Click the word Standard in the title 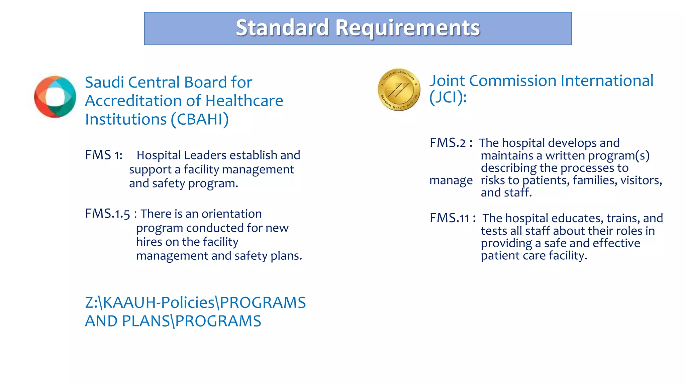point(282,28)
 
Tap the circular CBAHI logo point(55,97)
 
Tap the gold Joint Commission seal point(399,90)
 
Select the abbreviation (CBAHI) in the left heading point(200,120)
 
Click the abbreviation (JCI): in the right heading point(448,98)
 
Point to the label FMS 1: point(104,155)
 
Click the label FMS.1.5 point(107,214)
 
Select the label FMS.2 point(448,143)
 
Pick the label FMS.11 point(450,218)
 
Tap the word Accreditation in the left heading point(143,101)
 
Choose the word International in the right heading point(607,81)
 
